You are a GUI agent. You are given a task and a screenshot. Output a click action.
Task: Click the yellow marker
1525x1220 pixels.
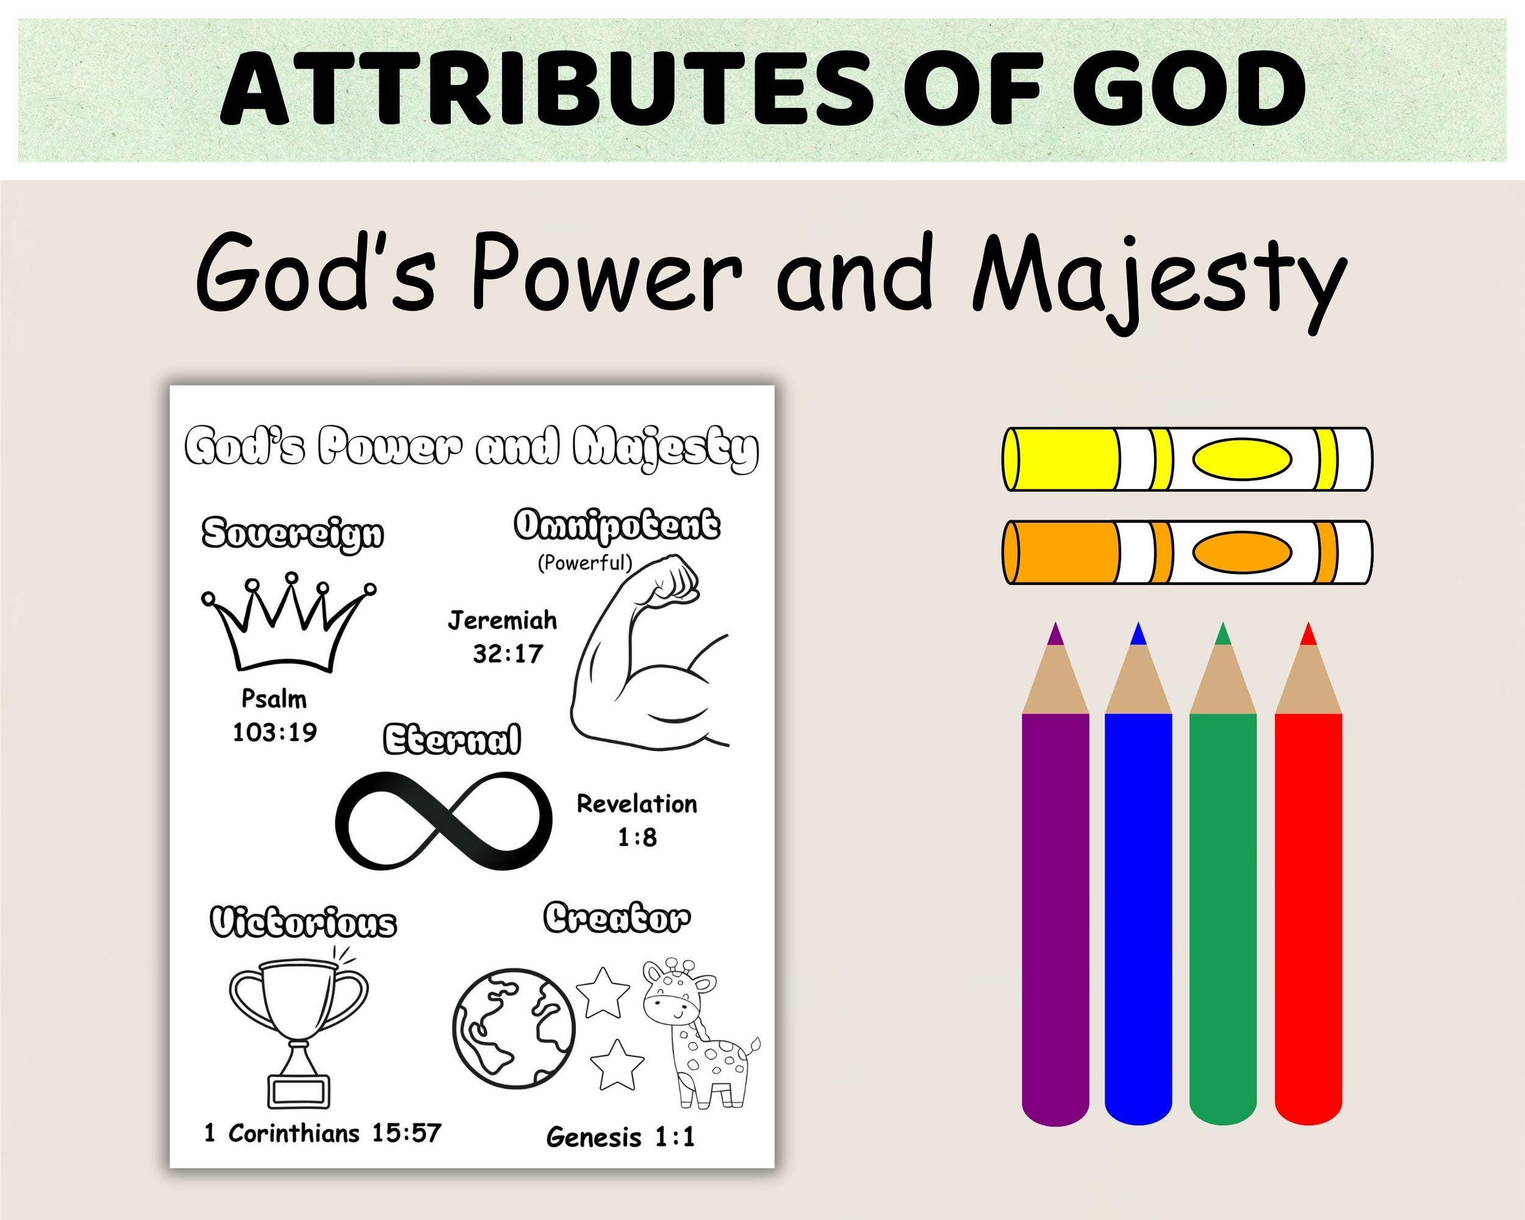1187,459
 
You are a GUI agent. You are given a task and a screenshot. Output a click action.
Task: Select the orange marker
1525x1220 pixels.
1187,553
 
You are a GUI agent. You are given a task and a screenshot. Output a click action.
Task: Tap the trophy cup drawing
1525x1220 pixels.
299,1033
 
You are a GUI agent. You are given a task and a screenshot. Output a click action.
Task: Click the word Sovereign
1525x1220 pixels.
292,533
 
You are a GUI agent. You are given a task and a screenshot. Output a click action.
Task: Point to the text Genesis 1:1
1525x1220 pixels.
620,1137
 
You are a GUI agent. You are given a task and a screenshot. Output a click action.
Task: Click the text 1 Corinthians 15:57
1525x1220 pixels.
323,1133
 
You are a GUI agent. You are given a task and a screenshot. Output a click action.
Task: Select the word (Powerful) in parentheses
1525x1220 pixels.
584,563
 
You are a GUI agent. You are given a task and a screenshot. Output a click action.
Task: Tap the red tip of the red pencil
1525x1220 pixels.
1308,634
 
